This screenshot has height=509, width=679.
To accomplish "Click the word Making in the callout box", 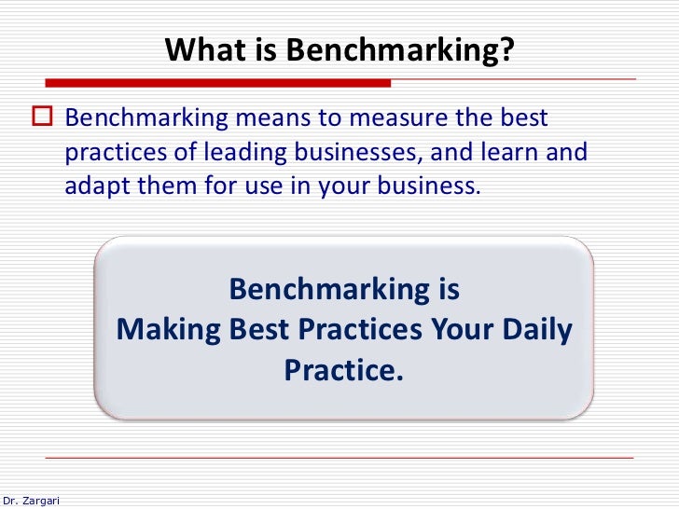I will pos(169,330).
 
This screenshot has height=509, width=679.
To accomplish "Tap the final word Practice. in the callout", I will pos(345,371).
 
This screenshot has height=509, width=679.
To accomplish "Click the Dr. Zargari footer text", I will pos(30,501).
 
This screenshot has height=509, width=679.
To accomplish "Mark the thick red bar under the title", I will pos(218,82).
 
